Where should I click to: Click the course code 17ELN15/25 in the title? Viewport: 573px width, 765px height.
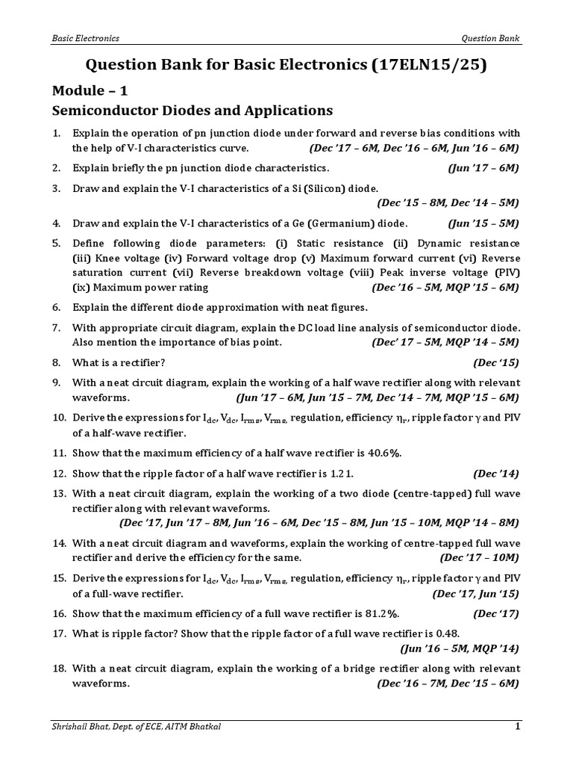(426, 66)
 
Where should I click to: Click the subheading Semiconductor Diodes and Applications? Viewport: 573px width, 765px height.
(192, 111)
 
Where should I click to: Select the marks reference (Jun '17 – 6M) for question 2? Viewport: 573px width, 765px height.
(483, 168)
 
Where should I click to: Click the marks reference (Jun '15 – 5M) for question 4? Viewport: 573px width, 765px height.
(483, 223)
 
